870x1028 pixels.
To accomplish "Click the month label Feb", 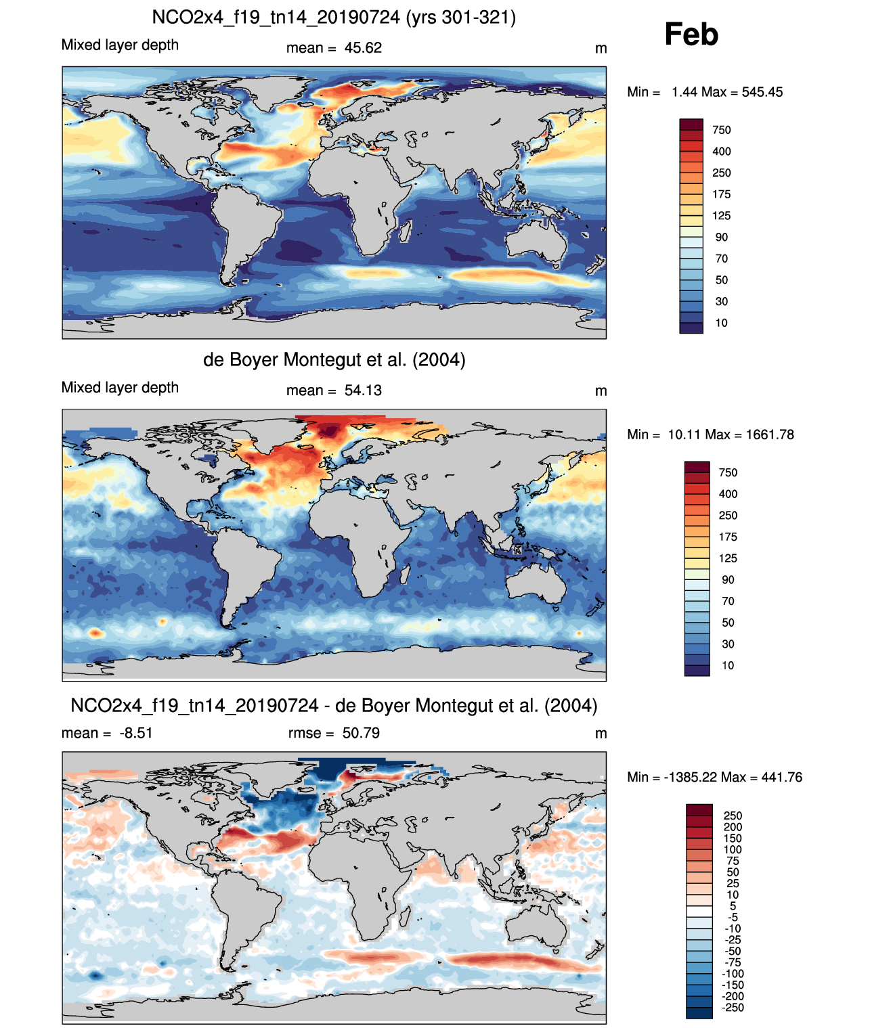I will point(691,34).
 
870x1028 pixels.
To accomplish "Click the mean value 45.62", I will point(363,48).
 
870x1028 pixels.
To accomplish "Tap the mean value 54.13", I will point(363,390).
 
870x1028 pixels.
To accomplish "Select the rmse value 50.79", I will point(361,733).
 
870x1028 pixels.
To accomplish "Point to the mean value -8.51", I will point(135,733).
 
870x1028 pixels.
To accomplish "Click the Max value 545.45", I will point(762,92).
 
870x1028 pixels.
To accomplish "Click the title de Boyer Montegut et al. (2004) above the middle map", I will point(334,359).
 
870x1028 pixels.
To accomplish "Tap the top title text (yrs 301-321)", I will point(461,17).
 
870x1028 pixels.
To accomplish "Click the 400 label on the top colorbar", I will point(722,151).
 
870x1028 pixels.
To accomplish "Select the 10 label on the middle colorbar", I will point(728,665).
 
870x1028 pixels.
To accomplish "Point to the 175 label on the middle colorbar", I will point(728,537).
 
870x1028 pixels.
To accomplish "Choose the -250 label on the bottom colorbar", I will point(733,1007).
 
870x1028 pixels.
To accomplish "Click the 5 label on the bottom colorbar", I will point(733,906).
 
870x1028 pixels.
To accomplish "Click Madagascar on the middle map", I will point(406,574).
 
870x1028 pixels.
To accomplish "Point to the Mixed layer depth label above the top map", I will point(120,45).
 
